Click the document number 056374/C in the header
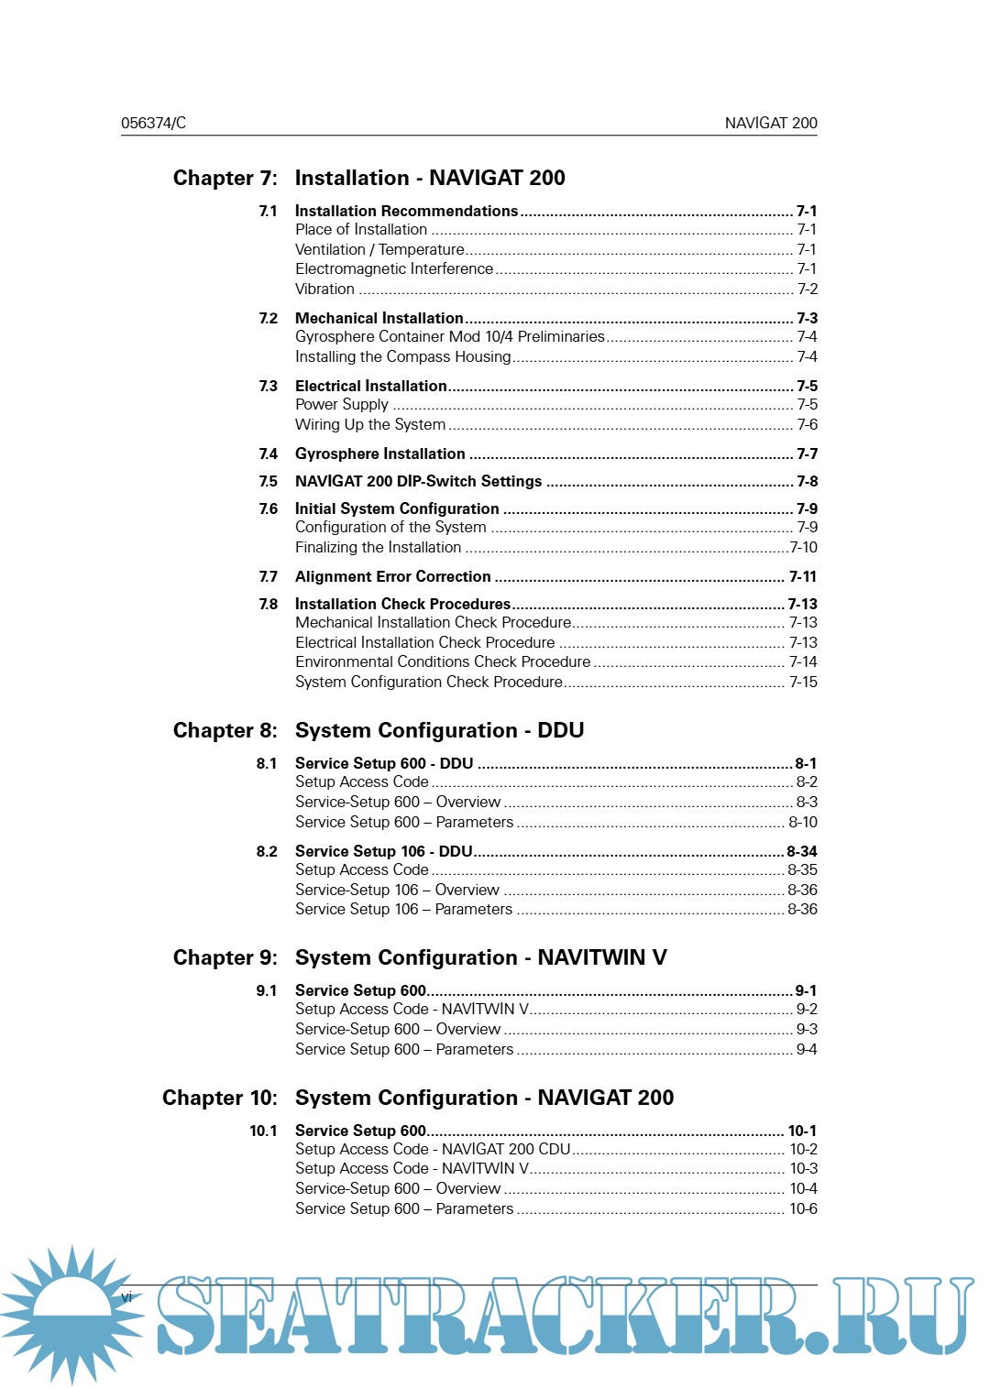pos(153,123)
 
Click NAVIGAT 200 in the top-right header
pos(770,123)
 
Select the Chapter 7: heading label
pos(225,178)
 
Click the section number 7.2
pos(268,318)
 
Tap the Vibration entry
pos(324,289)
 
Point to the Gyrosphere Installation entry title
pos(379,454)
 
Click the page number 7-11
pos(802,576)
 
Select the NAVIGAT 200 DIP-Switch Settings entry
pos(418,481)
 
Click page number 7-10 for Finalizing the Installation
pos(803,547)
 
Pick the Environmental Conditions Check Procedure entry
pos(443,661)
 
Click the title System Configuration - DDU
pos(439,730)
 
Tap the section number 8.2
pos(267,851)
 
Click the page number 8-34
pos(801,851)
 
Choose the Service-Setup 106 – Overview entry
pos(397,890)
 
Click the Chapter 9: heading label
pos(225,957)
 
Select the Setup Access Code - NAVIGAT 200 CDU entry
pos(433,1149)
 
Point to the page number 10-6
pos(803,1208)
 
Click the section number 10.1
pos(263,1131)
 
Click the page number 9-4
pos(806,1049)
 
